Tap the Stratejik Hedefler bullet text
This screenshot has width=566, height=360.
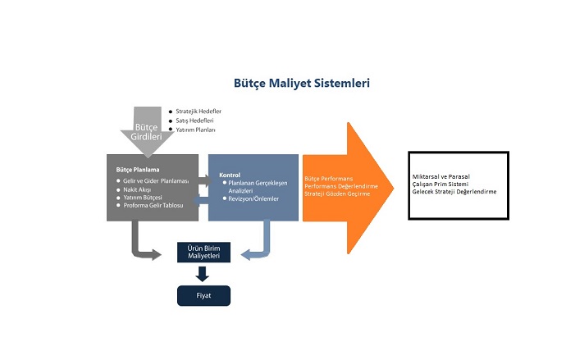click(199, 111)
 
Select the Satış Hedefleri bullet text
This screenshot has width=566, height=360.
click(194, 121)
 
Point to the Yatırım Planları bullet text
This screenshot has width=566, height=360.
click(195, 130)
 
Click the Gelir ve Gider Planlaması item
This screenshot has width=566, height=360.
click(156, 180)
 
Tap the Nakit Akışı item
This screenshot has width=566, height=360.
click(139, 189)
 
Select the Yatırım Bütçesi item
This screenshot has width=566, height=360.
click(143, 198)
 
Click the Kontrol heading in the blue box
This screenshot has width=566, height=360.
click(229, 175)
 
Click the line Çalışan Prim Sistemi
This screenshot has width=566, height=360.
click(443, 185)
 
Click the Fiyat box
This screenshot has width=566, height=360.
click(204, 295)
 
